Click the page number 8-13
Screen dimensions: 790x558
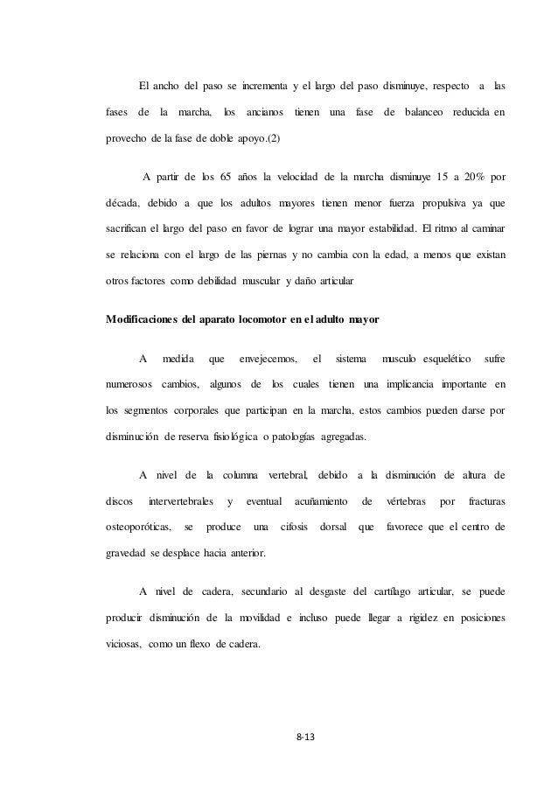tap(305, 738)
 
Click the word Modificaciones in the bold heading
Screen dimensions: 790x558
tap(147, 319)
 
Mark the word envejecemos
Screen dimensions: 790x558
tap(268, 358)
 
